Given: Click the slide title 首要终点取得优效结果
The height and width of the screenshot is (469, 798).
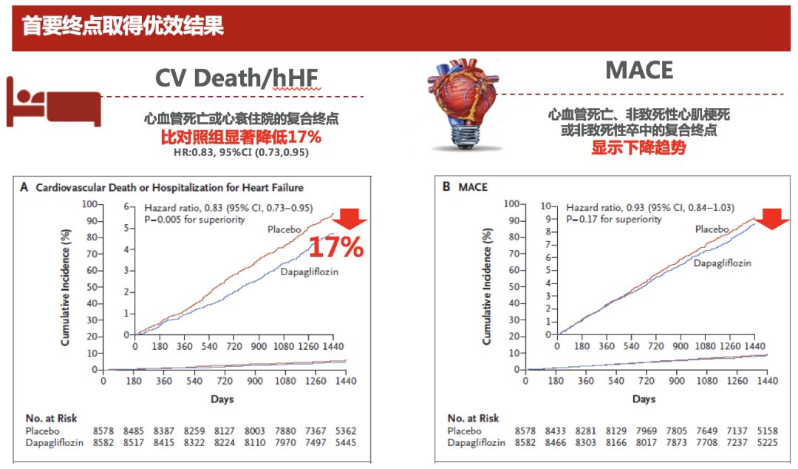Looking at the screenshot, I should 123,27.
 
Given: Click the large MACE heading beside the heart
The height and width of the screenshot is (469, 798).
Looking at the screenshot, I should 639,70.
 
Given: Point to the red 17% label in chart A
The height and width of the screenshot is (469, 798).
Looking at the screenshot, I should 336,247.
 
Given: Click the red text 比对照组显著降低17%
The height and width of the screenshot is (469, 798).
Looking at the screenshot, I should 241,138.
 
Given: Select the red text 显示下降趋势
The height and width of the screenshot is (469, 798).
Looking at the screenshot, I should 638,147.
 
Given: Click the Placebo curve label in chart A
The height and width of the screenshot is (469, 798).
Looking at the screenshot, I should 285,229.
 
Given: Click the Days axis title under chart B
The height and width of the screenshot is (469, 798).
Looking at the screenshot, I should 644,399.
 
